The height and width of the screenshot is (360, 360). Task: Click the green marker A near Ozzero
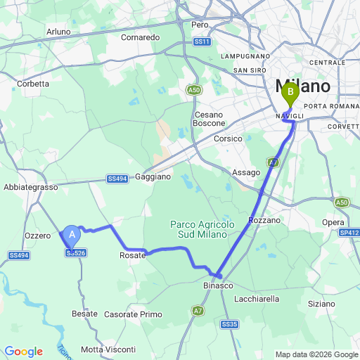(72, 236)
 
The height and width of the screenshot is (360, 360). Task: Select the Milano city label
(307, 86)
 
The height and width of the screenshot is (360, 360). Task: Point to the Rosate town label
(132, 255)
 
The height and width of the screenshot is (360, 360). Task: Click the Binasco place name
(219, 286)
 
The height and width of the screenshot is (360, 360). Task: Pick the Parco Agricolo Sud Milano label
(202, 229)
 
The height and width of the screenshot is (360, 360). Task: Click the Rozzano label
(264, 220)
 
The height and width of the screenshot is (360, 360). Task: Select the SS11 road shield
(202, 42)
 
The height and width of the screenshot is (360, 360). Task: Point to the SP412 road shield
(349, 232)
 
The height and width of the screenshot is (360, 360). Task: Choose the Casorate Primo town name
(133, 314)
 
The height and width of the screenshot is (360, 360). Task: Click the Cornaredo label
(141, 37)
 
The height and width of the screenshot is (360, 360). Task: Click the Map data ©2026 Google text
(316, 354)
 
